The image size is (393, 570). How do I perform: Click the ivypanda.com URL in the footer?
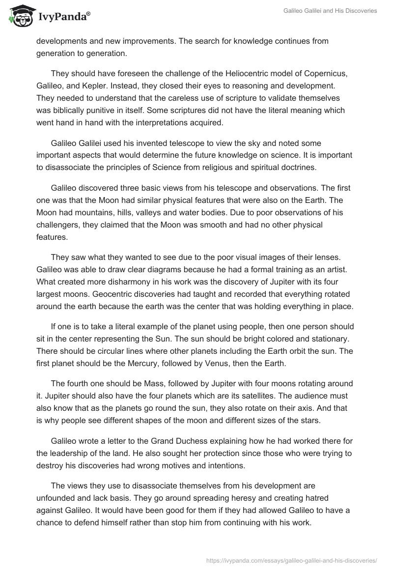[291, 560]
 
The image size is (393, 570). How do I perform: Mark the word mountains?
[95, 212]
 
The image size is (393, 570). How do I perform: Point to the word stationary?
[326, 339]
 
